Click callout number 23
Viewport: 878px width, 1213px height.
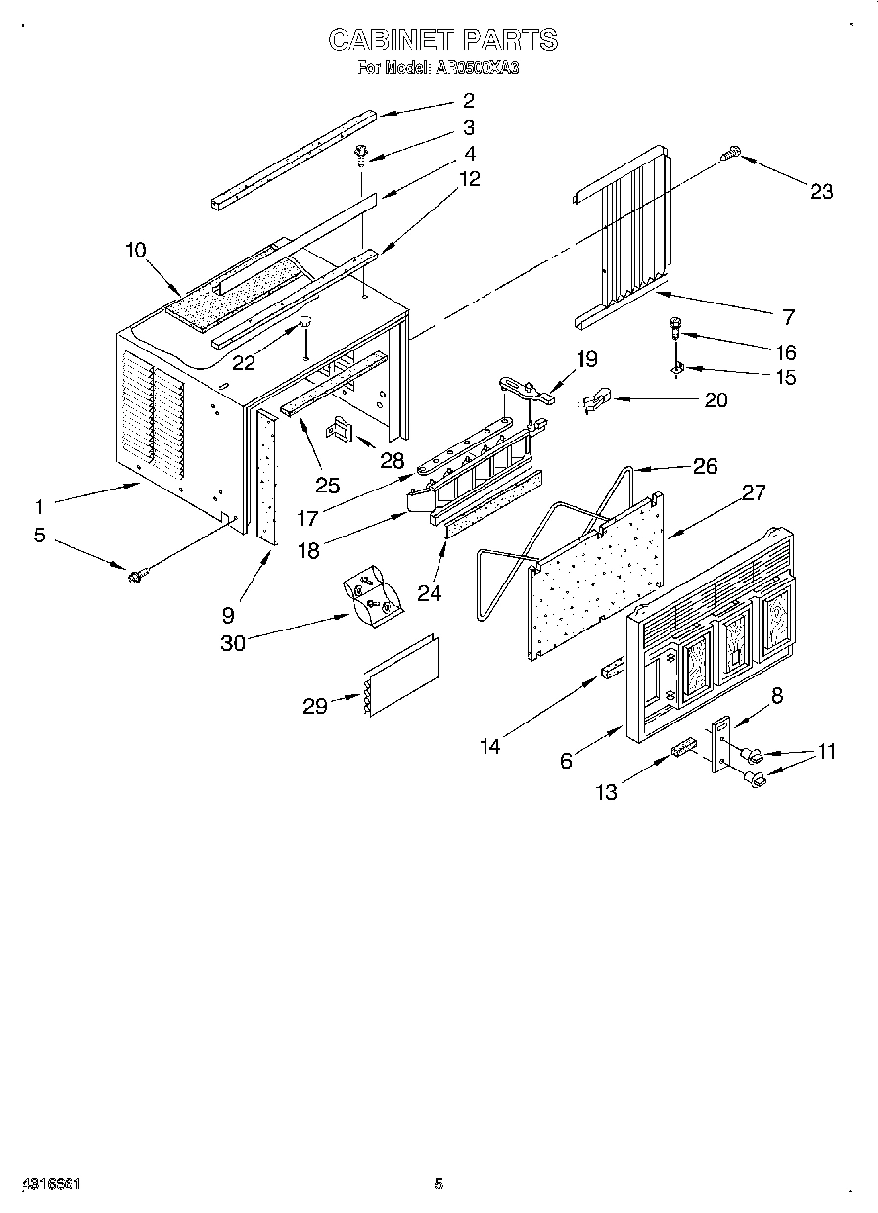pyautogui.click(x=821, y=191)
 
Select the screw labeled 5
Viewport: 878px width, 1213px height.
pyautogui.click(x=134, y=575)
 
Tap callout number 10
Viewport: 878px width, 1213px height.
pyautogui.click(x=135, y=250)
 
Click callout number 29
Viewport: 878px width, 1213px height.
pyautogui.click(x=315, y=705)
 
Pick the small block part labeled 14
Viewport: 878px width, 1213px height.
pyautogui.click(x=611, y=669)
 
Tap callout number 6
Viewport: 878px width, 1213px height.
pyautogui.click(x=566, y=761)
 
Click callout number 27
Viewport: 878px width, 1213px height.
pyautogui.click(x=753, y=491)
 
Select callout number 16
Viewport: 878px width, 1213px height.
pyautogui.click(x=786, y=352)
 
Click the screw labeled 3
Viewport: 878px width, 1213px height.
pyautogui.click(x=362, y=153)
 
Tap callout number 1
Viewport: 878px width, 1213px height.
pyautogui.click(x=39, y=506)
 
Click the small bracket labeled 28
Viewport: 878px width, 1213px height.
pyautogui.click(x=343, y=427)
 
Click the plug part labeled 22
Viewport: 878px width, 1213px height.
pyautogui.click(x=306, y=323)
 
